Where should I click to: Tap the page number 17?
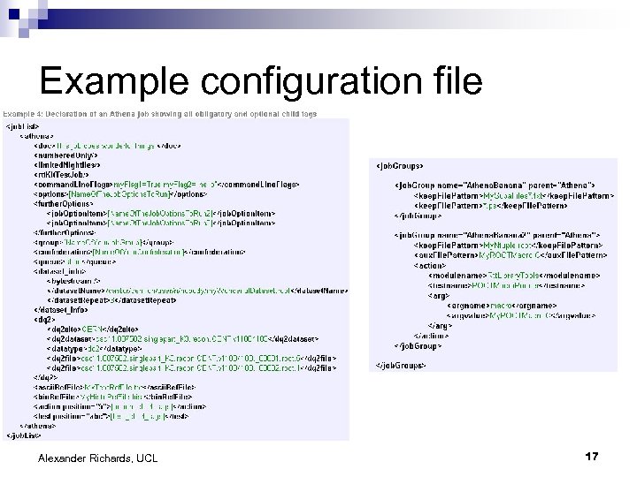point(592,457)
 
